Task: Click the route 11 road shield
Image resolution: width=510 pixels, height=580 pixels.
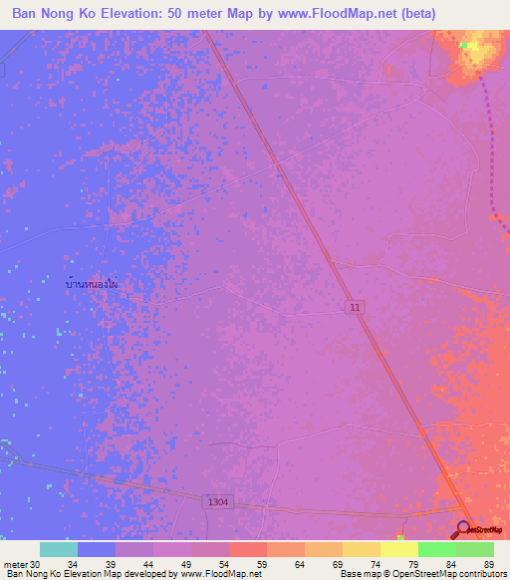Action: [356, 308]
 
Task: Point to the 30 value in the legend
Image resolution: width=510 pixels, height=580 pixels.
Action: [35, 565]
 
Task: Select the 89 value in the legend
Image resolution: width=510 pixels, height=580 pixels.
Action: [488, 565]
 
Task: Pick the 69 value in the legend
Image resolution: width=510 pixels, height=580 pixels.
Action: [337, 565]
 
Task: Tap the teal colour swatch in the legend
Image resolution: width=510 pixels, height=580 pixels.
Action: [58, 549]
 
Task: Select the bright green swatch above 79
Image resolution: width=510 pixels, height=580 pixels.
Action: [436, 549]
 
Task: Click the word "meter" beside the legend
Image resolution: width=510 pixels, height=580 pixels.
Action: [15, 565]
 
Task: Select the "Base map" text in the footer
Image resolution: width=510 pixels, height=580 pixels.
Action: [356, 574]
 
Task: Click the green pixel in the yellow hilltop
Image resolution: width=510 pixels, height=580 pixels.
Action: [463, 45]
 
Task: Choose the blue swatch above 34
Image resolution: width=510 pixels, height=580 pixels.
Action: [96, 549]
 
